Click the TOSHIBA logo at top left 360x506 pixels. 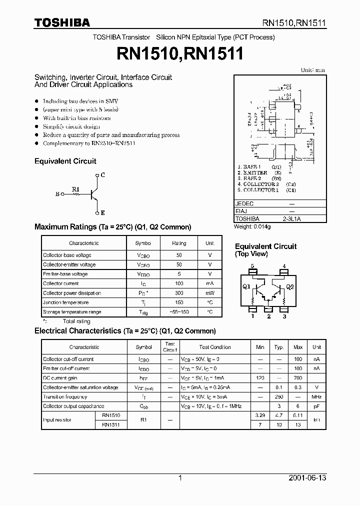tap(62, 22)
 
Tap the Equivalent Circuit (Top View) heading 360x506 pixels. tap(265, 250)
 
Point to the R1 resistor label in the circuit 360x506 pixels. tap(75, 189)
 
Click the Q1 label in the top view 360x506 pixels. tap(246, 287)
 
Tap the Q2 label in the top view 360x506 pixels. tap(290, 287)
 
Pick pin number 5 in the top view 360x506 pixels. tap(252, 266)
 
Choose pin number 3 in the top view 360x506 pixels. tap(284, 316)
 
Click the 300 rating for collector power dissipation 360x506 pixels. tap(179, 293)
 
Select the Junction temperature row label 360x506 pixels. tap(65, 302)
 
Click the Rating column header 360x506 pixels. tap(179, 243)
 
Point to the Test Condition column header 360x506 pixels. tap(215, 347)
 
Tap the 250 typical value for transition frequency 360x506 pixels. tap(279, 397)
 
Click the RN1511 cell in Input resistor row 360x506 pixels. tap(111, 424)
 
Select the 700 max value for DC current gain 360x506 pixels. tap(298, 378)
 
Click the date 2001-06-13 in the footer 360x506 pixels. tap(307, 478)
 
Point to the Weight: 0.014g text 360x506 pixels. tap(253, 226)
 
